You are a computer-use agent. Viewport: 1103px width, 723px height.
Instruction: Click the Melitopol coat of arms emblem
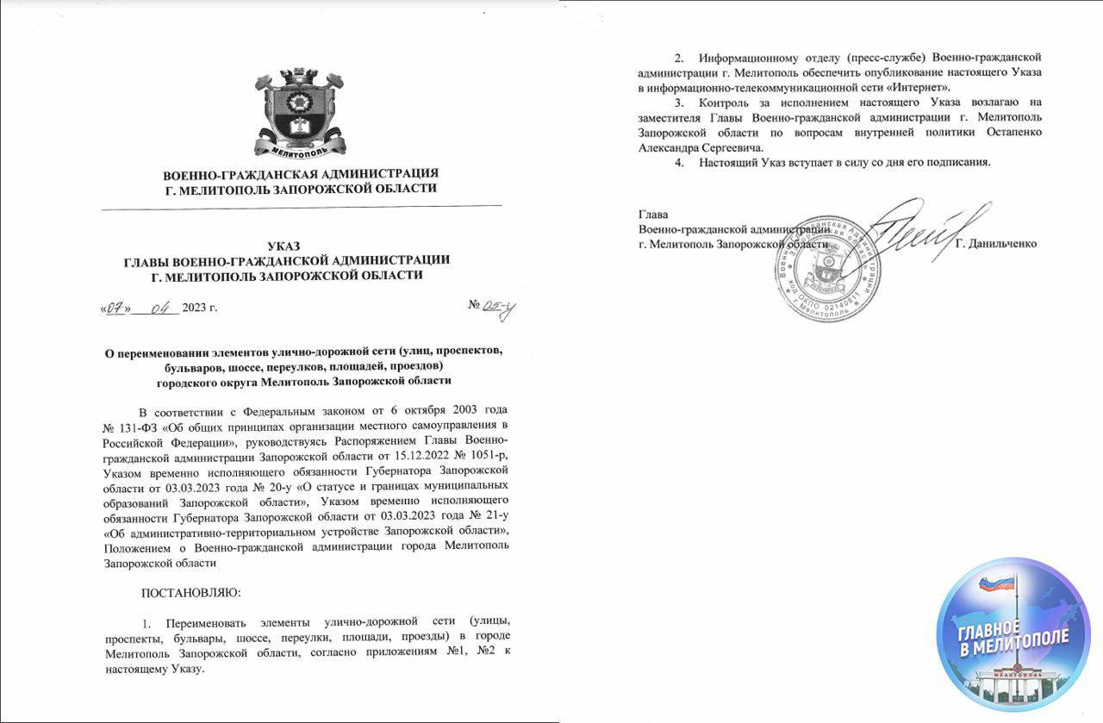tap(301, 113)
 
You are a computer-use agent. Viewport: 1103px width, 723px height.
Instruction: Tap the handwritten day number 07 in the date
tap(115, 310)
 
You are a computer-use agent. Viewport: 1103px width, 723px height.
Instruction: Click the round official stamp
tap(827, 269)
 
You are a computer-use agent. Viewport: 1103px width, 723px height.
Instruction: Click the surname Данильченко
tap(997, 245)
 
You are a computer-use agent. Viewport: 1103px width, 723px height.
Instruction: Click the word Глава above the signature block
tap(653, 214)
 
